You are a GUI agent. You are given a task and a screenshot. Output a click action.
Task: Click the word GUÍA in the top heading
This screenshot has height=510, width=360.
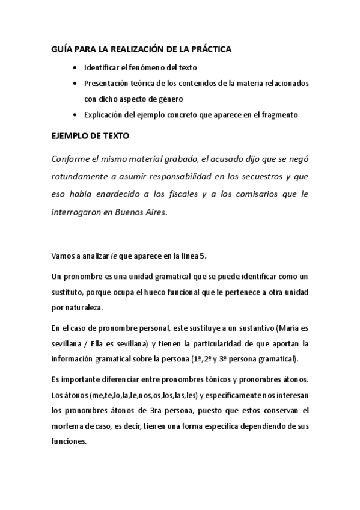(60, 51)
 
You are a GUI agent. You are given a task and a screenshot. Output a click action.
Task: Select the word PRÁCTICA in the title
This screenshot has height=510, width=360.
(212, 51)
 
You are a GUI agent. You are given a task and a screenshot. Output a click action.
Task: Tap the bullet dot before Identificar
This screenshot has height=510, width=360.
(73, 68)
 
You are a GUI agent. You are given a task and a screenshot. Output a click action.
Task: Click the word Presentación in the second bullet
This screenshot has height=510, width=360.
(106, 84)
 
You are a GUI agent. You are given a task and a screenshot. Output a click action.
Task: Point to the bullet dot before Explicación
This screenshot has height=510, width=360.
(73, 115)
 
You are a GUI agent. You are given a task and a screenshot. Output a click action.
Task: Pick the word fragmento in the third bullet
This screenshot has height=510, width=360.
(278, 115)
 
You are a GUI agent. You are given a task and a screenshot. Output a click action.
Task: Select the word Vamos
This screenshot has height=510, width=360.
(62, 257)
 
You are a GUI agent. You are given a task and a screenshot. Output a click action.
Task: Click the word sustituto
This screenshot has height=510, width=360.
(67, 292)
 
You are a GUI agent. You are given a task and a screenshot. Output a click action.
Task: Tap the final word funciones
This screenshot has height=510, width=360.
(69, 440)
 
